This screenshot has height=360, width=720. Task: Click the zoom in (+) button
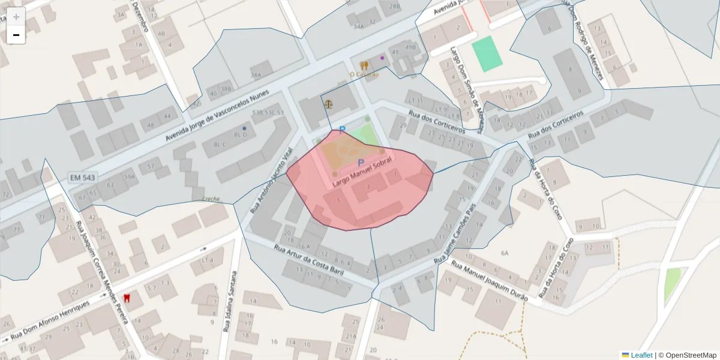click(x=16, y=17)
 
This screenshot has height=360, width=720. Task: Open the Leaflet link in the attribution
click(x=641, y=355)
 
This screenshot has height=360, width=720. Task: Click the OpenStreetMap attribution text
click(x=691, y=355)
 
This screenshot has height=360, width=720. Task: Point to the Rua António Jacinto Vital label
click(x=273, y=180)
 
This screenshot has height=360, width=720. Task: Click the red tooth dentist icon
click(x=127, y=298)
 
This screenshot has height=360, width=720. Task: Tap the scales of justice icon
click(x=328, y=103)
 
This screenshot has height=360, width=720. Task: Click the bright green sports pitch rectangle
click(x=486, y=53)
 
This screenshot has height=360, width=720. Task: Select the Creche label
click(x=211, y=199)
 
